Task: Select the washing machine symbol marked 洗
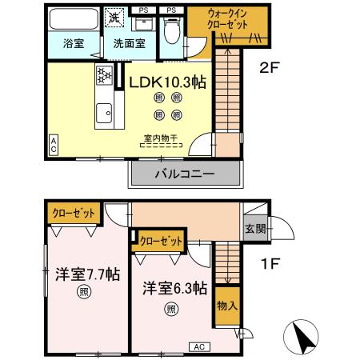tap(115, 17)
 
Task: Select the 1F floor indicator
tap(268, 262)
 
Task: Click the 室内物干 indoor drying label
tap(161, 137)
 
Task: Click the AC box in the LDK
tap(54, 144)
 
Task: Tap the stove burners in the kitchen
tap(104, 76)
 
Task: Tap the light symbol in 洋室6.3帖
tap(170, 309)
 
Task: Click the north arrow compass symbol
tap(305, 337)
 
